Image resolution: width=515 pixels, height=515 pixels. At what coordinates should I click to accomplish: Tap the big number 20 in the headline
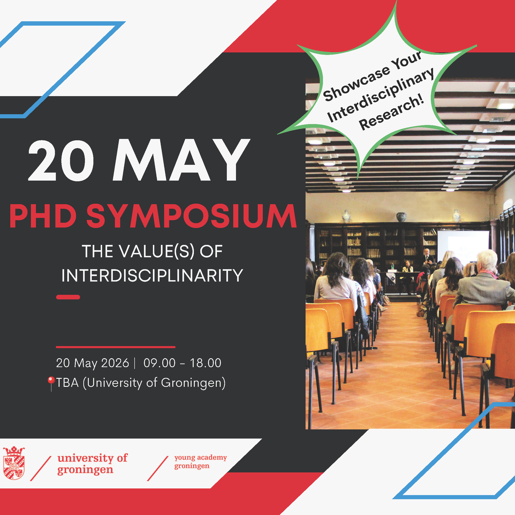61,160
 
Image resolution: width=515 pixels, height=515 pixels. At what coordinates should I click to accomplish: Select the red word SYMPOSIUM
192,216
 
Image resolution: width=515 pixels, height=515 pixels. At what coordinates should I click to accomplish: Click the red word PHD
43,216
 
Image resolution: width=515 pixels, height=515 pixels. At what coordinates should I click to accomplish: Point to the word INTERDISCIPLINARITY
152,275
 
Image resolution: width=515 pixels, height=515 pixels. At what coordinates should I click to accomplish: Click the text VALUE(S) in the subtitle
157,251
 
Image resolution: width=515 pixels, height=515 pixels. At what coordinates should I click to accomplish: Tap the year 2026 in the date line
115,363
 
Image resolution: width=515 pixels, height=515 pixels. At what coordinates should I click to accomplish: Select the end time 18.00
206,363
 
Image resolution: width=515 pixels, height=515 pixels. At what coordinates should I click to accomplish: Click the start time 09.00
159,363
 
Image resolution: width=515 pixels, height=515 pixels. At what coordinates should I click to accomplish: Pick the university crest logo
14,463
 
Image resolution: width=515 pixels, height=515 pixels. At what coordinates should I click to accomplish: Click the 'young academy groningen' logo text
201,462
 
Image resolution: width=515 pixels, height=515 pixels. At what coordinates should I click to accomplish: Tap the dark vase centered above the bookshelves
401,217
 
